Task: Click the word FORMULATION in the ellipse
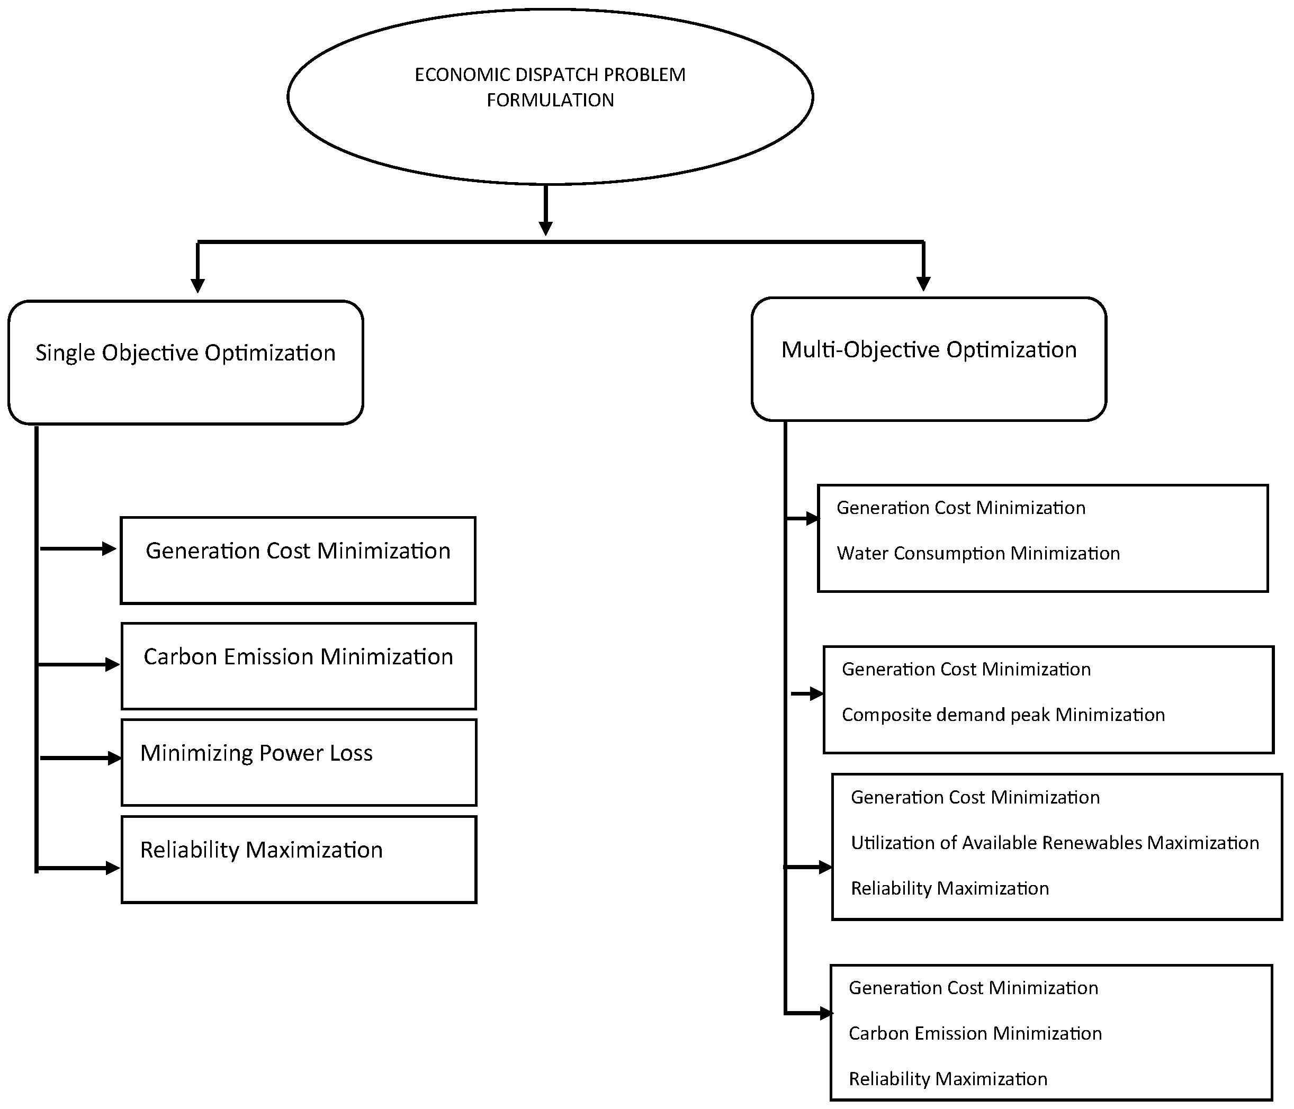pyautogui.click(x=550, y=100)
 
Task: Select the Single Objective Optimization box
pyautogui.click(x=185, y=363)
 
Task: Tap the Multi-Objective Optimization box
pyautogui.click(x=929, y=359)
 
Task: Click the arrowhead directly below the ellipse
pyautogui.click(x=546, y=228)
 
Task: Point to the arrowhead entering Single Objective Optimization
pyautogui.click(x=197, y=285)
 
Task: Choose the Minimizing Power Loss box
pyautogui.click(x=299, y=762)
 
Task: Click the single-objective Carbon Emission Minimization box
pyautogui.click(x=299, y=665)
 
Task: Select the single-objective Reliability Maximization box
pyautogui.click(x=299, y=859)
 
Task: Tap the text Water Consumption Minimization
pyautogui.click(x=978, y=553)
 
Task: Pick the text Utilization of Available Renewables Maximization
pyautogui.click(x=1055, y=842)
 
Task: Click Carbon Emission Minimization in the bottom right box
pyautogui.click(x=975, y=1033)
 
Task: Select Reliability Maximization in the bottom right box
pyautogui.click(x=947, y=1078)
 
